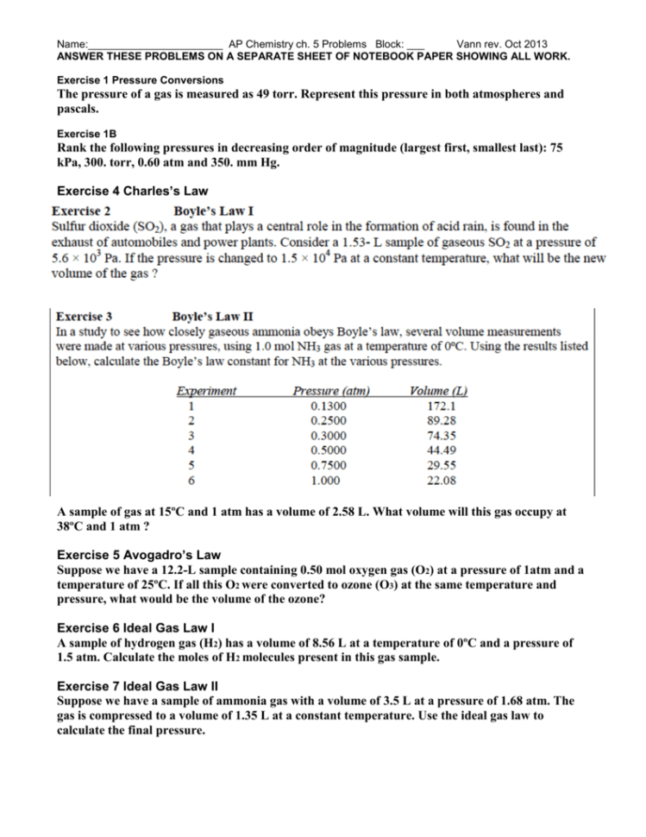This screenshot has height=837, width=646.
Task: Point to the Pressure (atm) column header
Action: tap(332, 390)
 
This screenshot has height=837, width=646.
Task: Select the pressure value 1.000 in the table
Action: tap(325, 481)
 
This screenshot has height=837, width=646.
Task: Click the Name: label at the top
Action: tap(72, 44)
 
